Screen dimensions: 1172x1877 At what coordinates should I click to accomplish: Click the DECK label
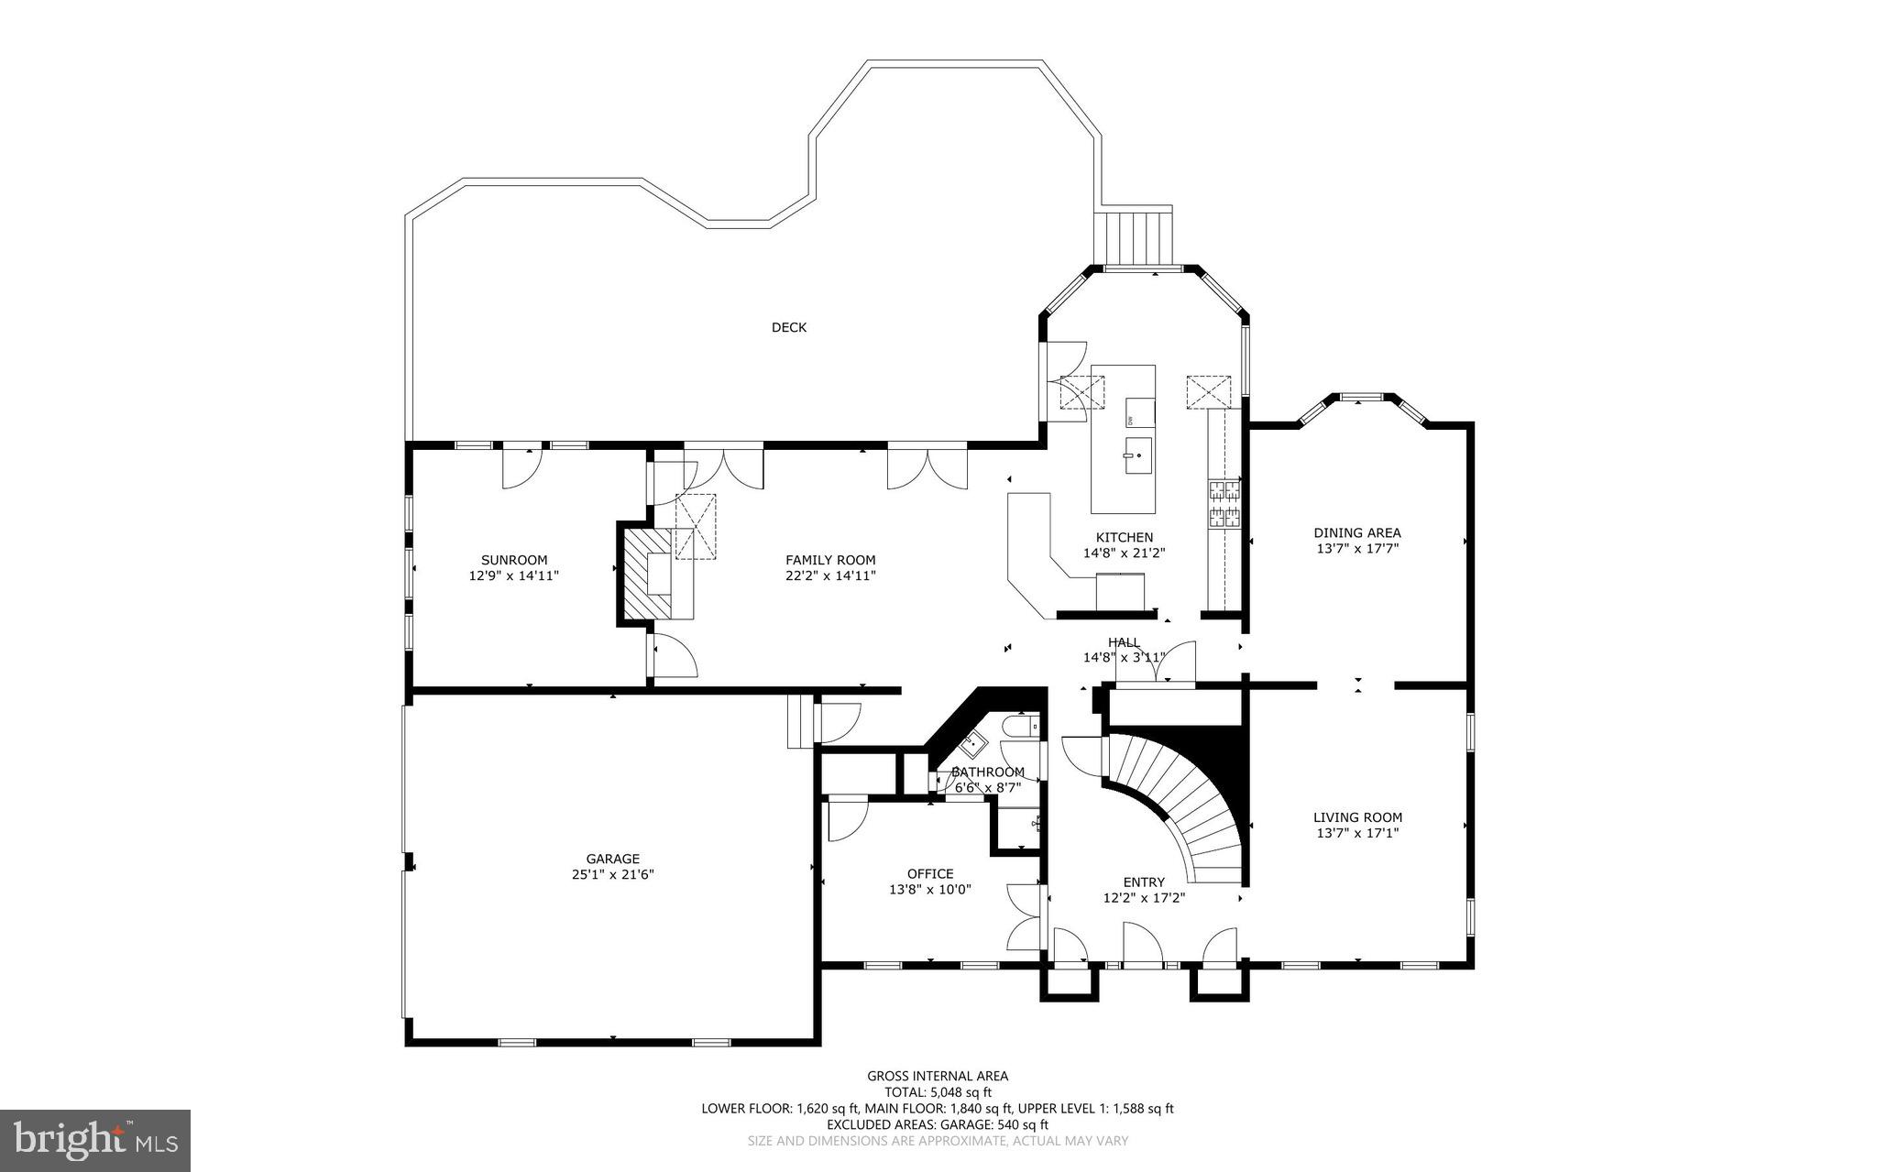pos(788,327)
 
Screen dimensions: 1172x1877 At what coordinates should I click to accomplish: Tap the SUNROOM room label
pos(514,560)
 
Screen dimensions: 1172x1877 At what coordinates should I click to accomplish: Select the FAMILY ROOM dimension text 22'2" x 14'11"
pos(830,575)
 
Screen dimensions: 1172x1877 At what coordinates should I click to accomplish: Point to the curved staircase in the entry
pos(1182,797)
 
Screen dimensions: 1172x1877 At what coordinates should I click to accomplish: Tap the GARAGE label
pos(612,859)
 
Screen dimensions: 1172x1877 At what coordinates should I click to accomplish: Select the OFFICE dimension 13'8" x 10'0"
pos(929,889)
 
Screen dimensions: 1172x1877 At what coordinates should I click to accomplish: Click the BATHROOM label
pos(987,772)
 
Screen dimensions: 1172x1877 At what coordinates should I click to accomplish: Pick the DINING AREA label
pos(1356,532)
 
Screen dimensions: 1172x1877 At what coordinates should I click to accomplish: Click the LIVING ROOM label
pos(1357,817)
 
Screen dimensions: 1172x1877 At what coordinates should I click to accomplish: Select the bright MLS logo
pos(95,1140)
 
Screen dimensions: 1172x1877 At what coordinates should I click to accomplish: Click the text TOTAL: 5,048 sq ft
pos(938,1092)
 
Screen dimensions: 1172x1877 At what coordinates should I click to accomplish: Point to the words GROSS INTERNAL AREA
pos(938,1076)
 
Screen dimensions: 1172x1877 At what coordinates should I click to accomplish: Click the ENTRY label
pos(1144,882)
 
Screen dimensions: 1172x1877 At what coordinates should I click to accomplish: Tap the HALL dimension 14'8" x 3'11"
pos(1124,657)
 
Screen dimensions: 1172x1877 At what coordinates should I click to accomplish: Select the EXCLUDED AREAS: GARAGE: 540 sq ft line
pos(938,1124)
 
